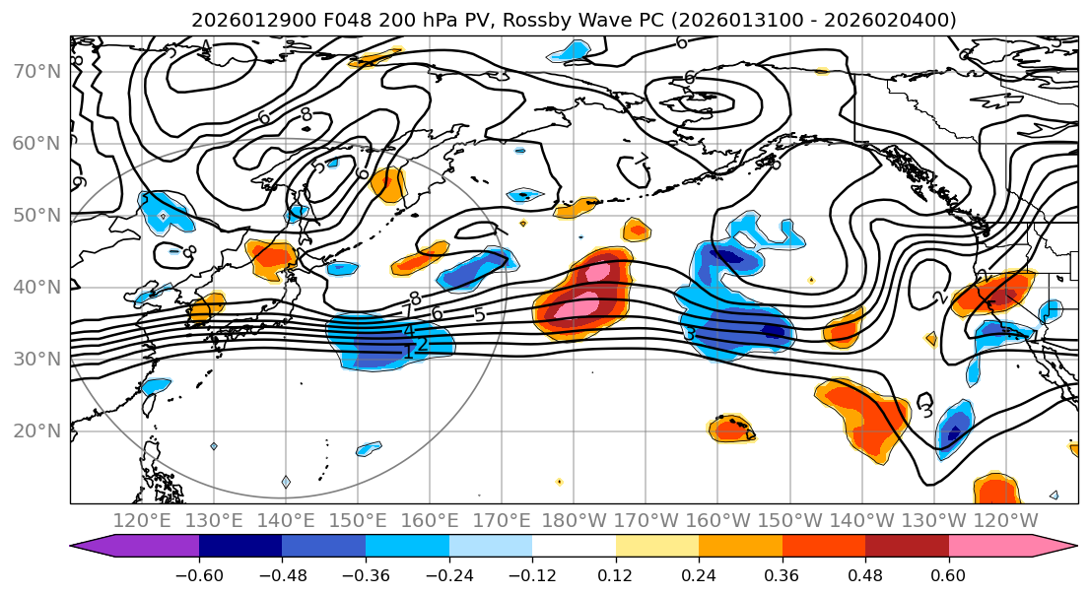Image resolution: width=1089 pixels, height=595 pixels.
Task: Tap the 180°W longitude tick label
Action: [x=573, y=520]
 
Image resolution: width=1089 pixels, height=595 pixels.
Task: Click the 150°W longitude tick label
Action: [x=787, y=520]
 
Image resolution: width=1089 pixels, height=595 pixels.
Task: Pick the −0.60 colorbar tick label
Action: [x=198, y=574]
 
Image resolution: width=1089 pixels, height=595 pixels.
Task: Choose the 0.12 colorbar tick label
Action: [x=615, y=574]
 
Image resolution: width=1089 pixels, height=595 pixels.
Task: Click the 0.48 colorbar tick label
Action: [x=865, y=574]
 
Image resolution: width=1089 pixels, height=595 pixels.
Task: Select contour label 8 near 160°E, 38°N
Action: [x=415, y=298]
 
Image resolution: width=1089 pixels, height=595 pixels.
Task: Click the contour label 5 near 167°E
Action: [x=479, y=315]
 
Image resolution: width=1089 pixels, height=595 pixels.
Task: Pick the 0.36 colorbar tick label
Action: [x=782, y=574]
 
